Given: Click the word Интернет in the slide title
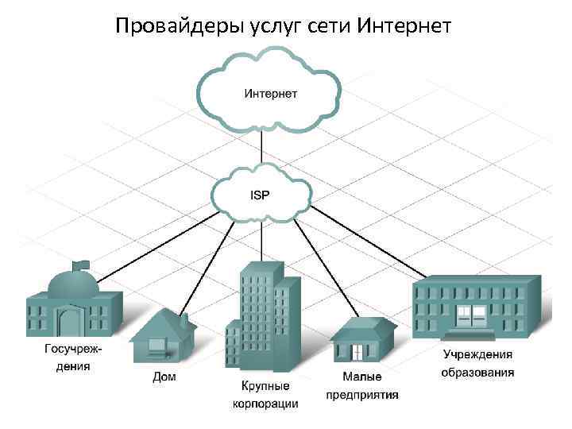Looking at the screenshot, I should (404, 26).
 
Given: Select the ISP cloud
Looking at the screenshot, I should (261, 192).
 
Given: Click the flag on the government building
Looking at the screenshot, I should (80, 264).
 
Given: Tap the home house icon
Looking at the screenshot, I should (164, 336).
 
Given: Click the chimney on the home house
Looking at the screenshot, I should (184, 320).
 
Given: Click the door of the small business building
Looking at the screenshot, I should (358, 351).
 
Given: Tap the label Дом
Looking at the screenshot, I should (164, 377).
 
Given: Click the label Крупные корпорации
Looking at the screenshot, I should (265, 395).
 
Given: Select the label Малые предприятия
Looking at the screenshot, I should (361, 385).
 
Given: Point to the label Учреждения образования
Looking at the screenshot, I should (478, 364).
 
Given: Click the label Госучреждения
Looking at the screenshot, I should (68, 357).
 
